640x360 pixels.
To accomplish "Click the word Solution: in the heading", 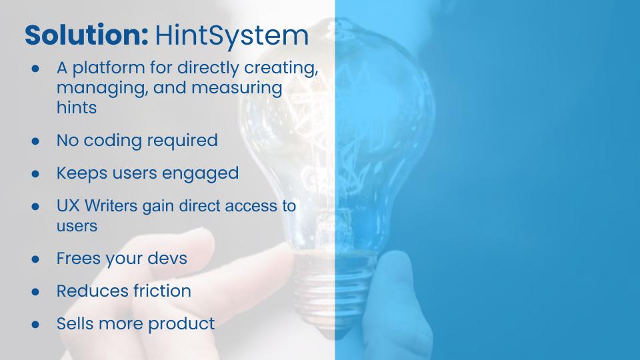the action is [87, 35].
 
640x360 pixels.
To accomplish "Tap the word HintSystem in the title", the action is [231, 36].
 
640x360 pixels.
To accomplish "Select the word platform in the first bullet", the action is [109, 68].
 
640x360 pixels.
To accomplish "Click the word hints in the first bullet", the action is [77, 108].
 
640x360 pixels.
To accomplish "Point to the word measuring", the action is [237, 89].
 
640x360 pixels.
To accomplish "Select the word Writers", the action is [111, 205].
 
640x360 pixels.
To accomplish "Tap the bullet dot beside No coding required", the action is [35, 141].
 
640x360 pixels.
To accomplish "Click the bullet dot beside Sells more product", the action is [35, 325].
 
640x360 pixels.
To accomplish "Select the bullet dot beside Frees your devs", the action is [35, 259].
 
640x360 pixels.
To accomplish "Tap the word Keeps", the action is [82, 173].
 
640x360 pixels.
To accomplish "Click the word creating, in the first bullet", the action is [281, 68].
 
